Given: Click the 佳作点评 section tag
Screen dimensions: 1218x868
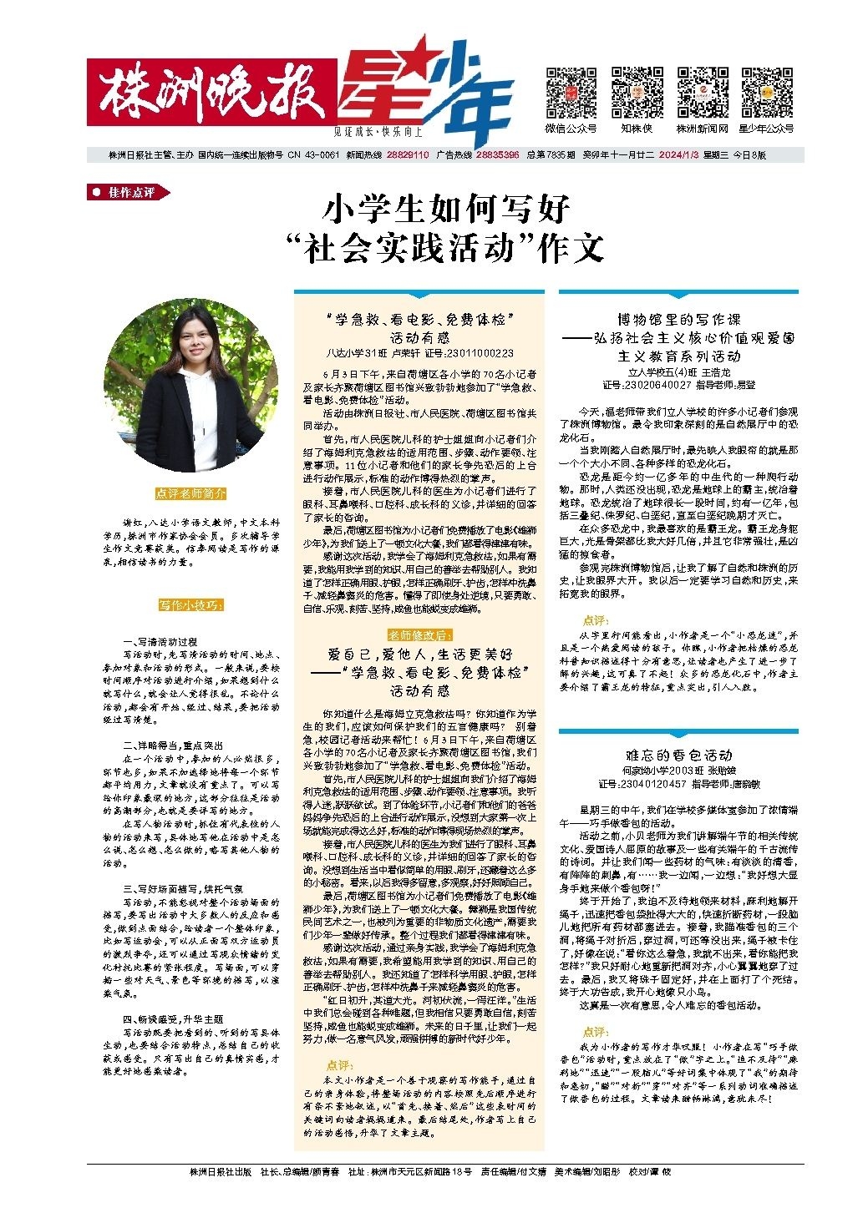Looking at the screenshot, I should click(x=129, y=193).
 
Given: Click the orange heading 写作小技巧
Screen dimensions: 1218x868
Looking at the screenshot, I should click(x=190, y=604).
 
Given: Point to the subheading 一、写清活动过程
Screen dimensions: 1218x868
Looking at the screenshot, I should click(x=160, y=641).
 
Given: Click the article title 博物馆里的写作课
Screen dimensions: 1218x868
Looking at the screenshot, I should click(x=678, y=319).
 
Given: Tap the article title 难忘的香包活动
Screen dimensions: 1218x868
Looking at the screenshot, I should click(x=678, y=754).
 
